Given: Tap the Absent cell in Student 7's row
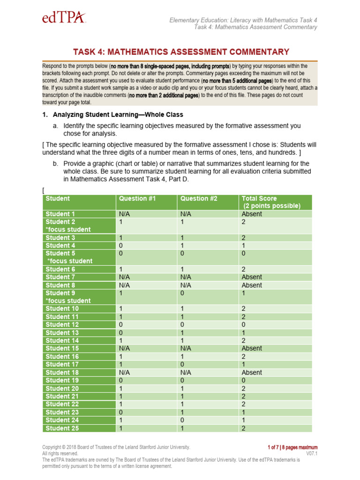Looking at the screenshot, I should coord(252,277).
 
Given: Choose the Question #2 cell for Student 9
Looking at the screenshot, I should coord(182,293).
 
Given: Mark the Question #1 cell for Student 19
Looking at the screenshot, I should coord(121,381).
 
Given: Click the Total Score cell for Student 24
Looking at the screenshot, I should coord(243,420).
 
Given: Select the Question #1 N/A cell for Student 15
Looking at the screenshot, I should coord(124,348).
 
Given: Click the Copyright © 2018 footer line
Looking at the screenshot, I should coord(116,447).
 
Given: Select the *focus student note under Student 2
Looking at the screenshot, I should coord(68,229).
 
